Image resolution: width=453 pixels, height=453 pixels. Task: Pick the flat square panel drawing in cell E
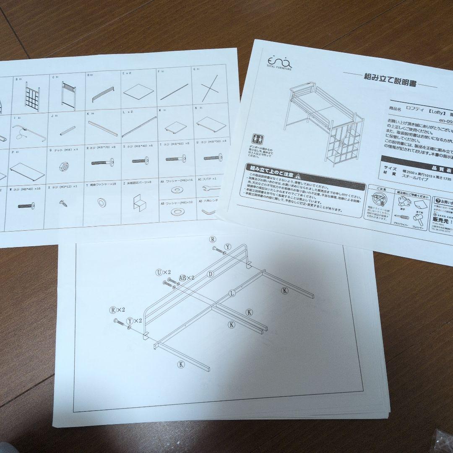138,90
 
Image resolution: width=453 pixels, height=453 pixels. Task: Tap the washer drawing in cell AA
177,190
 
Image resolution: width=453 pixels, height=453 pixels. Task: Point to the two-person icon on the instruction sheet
257,140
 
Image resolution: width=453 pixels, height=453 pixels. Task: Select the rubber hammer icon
419,219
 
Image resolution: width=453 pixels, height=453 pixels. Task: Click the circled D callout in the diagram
211,274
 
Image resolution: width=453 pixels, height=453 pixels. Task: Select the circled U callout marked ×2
159,272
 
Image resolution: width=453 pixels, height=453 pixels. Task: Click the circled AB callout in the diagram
183,278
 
